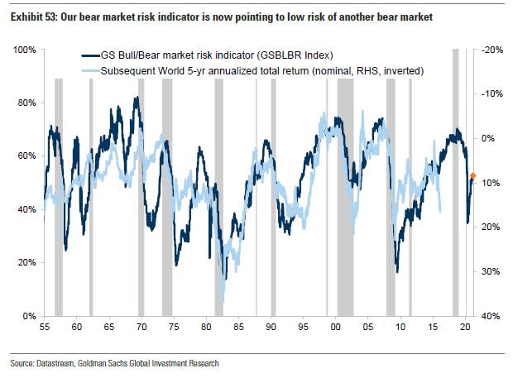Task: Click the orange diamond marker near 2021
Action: click(472, 176)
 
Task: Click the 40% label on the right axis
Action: click(491, 316)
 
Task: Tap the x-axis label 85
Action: click(238, 327)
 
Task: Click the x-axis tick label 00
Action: click(336, 327)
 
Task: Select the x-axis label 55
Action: click(45, 327)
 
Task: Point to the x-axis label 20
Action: click(465, 327)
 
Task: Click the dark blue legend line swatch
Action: click(90, 56)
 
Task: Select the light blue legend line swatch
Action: click(90, 71)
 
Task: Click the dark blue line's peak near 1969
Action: click(137, 97)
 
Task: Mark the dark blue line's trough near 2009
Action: click(397, 271)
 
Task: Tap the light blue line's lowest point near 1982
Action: click(223, 301)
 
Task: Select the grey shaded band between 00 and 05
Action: click(346, 198)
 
